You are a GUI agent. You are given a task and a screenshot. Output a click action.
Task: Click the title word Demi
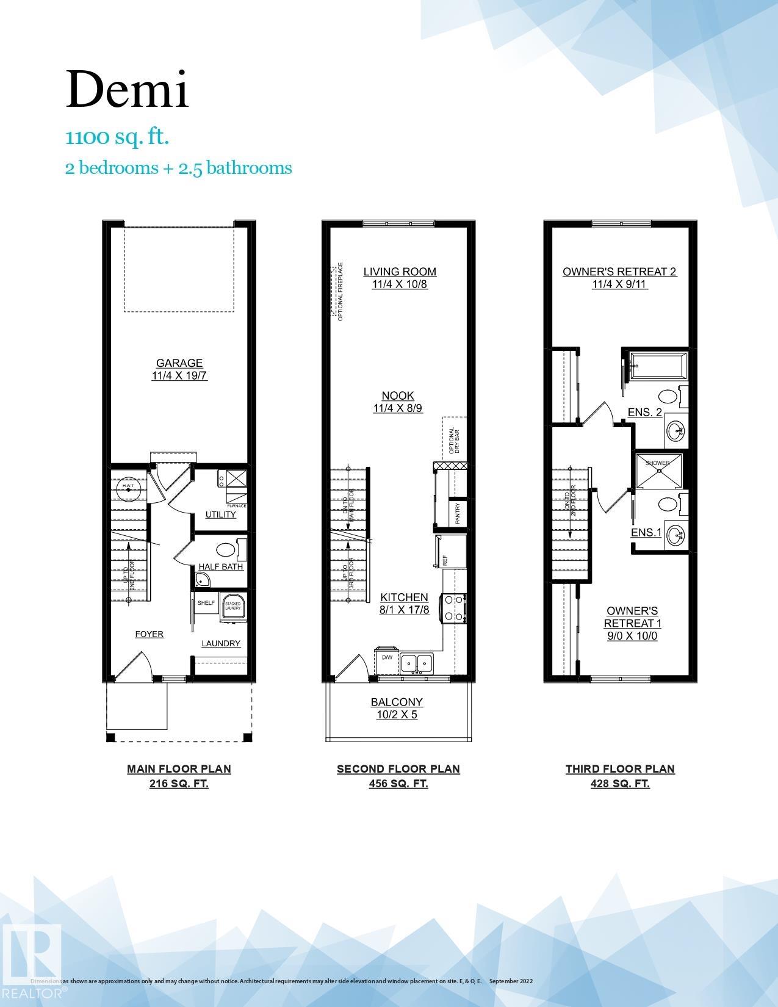pyautogui.click(x=127, y=90)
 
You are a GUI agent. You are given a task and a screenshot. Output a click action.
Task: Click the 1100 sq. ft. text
pyautogui.click(x=117, y=137)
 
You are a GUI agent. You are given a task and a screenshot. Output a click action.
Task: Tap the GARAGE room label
pyautogui.click(x=179, y=363)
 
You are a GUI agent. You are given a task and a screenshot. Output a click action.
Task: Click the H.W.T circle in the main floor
pyautogui.click(x=128, y=486)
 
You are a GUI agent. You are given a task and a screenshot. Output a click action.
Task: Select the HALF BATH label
pyautogui.click(x=220, y=566)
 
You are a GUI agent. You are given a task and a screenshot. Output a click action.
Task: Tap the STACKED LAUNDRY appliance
pyautogui.click(x=232, y=607)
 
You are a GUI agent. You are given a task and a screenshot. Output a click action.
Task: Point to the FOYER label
pyautogui.click(x=149, y=634)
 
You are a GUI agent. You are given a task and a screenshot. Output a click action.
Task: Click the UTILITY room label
pyautogui.click(x=220, y=514)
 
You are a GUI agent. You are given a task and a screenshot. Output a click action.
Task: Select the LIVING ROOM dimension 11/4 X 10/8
pyautogui.click(x=400, y=284)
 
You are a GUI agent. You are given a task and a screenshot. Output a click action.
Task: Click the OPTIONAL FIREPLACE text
pyautogui.click(x=340, y=291)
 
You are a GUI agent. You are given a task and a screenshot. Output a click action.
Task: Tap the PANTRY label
pyautogui.click(x=458, y=513)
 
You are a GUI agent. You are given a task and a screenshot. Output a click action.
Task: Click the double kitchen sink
pyautogui.click(x=416, y=663)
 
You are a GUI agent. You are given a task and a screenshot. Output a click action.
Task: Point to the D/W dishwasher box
pyautogui.click(x=387, y=658)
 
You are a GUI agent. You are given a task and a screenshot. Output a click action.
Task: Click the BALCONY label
pyautogui.click(x=397, y=702)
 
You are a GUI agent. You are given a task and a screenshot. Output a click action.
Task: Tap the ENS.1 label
pyautogui.click(x=646, y=533)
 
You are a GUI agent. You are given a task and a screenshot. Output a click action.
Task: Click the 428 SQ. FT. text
pyautogui.click(x=620, y=784)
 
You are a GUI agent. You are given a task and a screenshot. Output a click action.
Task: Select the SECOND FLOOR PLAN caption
pyautogui.click(x=398, y=769)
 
